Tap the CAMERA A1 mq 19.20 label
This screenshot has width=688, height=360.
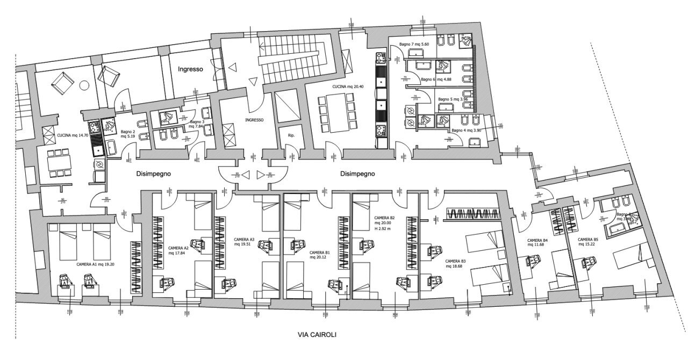[95, 264]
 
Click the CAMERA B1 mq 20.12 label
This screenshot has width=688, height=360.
[320, 255]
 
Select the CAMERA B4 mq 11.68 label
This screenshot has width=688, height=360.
[537, 243]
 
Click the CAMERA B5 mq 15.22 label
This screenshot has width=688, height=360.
[588, 243]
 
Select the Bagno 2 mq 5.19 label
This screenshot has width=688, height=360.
[127, 134]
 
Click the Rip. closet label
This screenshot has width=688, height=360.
[291, 135]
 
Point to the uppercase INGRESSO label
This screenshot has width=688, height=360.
[254, 120]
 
